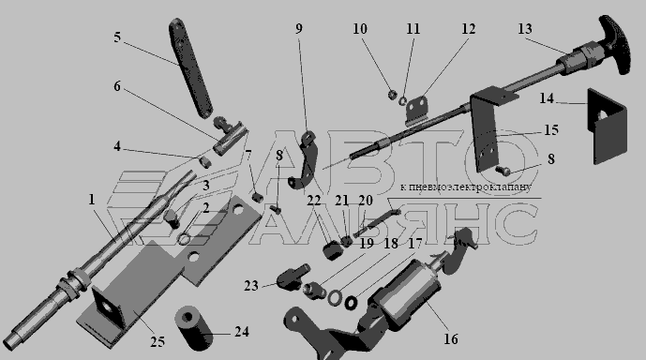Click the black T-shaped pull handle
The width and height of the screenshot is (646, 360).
pyautogui.click(x=615, y=44)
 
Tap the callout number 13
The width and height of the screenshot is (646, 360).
pyautogui.click(x=525, y=29)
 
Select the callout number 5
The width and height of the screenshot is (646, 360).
pyautogui.click(x=117, y=37)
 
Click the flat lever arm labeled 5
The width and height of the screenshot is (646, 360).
pyautogui.click(x=190, y=67)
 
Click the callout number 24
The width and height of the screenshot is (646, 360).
pyautogui.click(x=242, y=332)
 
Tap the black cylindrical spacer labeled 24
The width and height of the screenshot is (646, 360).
pyautogui.click(x=193, y=328)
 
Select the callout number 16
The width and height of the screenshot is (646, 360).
pyautogui.click(x=451, y=339)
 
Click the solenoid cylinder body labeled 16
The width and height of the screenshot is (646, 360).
pyautogui.click(x=408, y=295)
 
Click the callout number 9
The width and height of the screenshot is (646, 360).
pyautogui.click(x=299, y=28)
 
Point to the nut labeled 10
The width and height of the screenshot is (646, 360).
pyautogui.click(x=392, y=95)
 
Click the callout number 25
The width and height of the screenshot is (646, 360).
pyautogui.click(x=158, y=341)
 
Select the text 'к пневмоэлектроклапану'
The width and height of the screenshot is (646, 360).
pyautogui.click(x=466, y=187)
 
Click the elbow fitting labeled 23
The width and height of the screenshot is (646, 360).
pyautogui.click(x=293, y=277)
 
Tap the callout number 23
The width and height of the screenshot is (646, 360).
pyautogui.click(x=251, y=285)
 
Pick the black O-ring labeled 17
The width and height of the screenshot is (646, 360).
pyautogui.click(x=351, y=303)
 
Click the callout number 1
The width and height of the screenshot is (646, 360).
pyautogui.click(x=92, y=200)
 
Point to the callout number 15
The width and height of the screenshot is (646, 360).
pyautogui.click(x=551, y=130)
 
